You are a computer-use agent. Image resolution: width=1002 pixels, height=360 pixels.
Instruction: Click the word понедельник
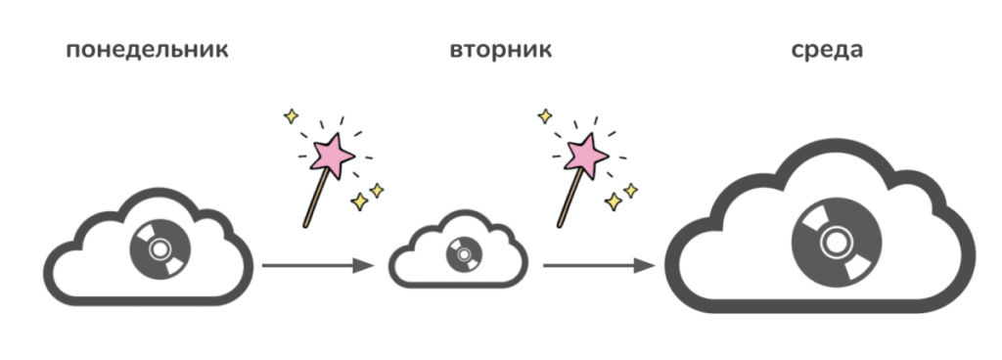pyautogui.click(x=147, y=51)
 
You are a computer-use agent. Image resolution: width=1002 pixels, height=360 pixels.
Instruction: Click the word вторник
pyautogui.click(x=500, y=51)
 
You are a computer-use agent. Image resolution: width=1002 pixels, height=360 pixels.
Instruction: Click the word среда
pyautogui.click(x=826, y=51)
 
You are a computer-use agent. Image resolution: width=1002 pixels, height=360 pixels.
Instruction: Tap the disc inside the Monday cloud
pyautogui.click(x=159, y=248)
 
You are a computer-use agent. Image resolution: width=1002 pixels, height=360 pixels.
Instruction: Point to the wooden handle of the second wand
pyautogui.click(x=570, y=197)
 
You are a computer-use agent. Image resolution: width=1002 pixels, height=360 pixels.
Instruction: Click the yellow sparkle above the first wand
pyautogui.click(x=292, y=116)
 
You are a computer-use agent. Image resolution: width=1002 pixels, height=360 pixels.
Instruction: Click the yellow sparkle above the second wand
pyautogui.click(x=545, y=116)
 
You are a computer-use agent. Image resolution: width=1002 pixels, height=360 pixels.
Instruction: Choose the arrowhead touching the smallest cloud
pyautogui.click(x=364, y=265)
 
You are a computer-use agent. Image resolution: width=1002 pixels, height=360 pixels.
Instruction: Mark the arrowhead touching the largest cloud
pyautogui.click(x=646, y=265)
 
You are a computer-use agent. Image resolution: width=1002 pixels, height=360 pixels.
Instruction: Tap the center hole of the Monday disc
pyautogui.click(x=159, y=248)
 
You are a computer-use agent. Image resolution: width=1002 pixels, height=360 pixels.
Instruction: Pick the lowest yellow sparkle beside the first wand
pyautogui.click(x=360, y=202)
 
